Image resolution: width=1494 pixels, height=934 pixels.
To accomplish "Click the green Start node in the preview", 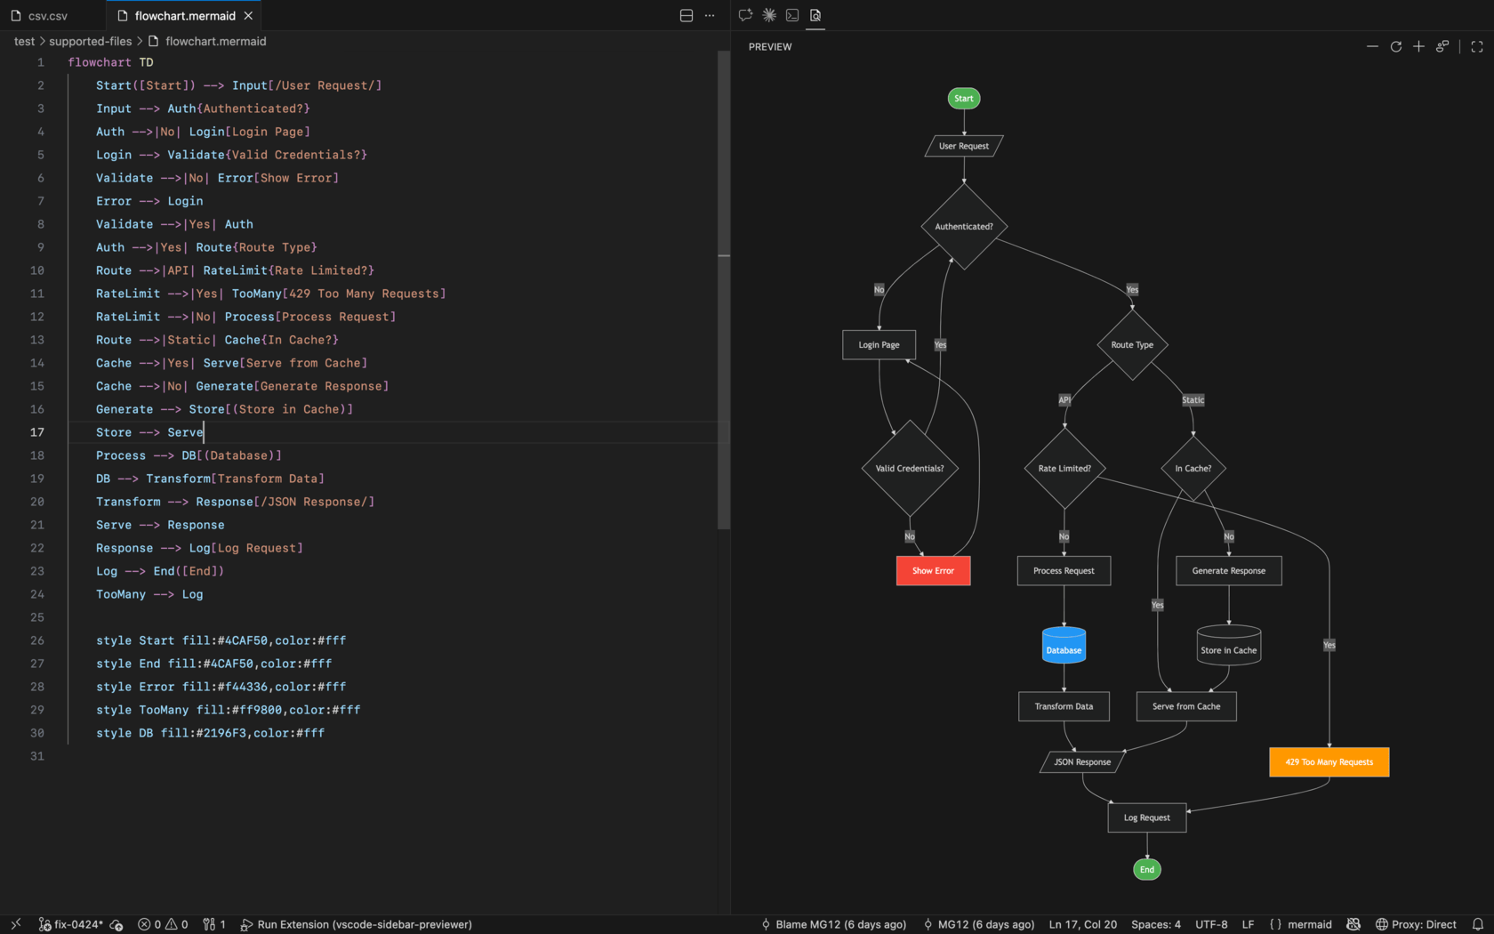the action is [964, 98].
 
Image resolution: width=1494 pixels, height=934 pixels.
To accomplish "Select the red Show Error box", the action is [933, 570].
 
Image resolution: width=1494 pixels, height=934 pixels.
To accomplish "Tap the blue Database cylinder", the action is [1064, 645].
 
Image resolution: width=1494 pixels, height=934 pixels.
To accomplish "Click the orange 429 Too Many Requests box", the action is [1329, 761].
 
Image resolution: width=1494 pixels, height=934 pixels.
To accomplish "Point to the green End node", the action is [1146, 869].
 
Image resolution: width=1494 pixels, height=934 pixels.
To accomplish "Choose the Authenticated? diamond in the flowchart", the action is [964, 226].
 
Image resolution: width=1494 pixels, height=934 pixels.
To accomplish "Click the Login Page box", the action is [879, 345].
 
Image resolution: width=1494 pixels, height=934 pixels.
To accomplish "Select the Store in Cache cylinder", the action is [1229, 645].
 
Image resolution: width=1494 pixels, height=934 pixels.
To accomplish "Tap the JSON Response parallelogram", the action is [1081, 761].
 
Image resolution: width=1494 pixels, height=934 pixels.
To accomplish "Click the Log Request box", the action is [1146, 817].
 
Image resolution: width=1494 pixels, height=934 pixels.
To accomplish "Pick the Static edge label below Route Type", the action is [1193, 400].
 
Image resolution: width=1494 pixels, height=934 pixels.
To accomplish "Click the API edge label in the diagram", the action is [1064, 400].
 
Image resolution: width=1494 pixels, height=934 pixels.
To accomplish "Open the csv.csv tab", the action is [47, 15].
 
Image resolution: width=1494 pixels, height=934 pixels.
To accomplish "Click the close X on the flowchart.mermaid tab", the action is [248, 15].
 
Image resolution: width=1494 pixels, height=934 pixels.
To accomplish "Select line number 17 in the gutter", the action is [36, 432].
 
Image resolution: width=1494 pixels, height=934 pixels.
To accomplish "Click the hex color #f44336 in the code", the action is [242, 687].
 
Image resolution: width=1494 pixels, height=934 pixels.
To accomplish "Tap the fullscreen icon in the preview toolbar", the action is [1476, 46].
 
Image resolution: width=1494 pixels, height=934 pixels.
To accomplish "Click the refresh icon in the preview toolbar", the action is [1395, 46].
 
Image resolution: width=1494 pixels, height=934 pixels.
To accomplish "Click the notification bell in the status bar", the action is [1477, 924].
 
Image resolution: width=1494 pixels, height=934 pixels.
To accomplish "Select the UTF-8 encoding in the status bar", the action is [1211, 924].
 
